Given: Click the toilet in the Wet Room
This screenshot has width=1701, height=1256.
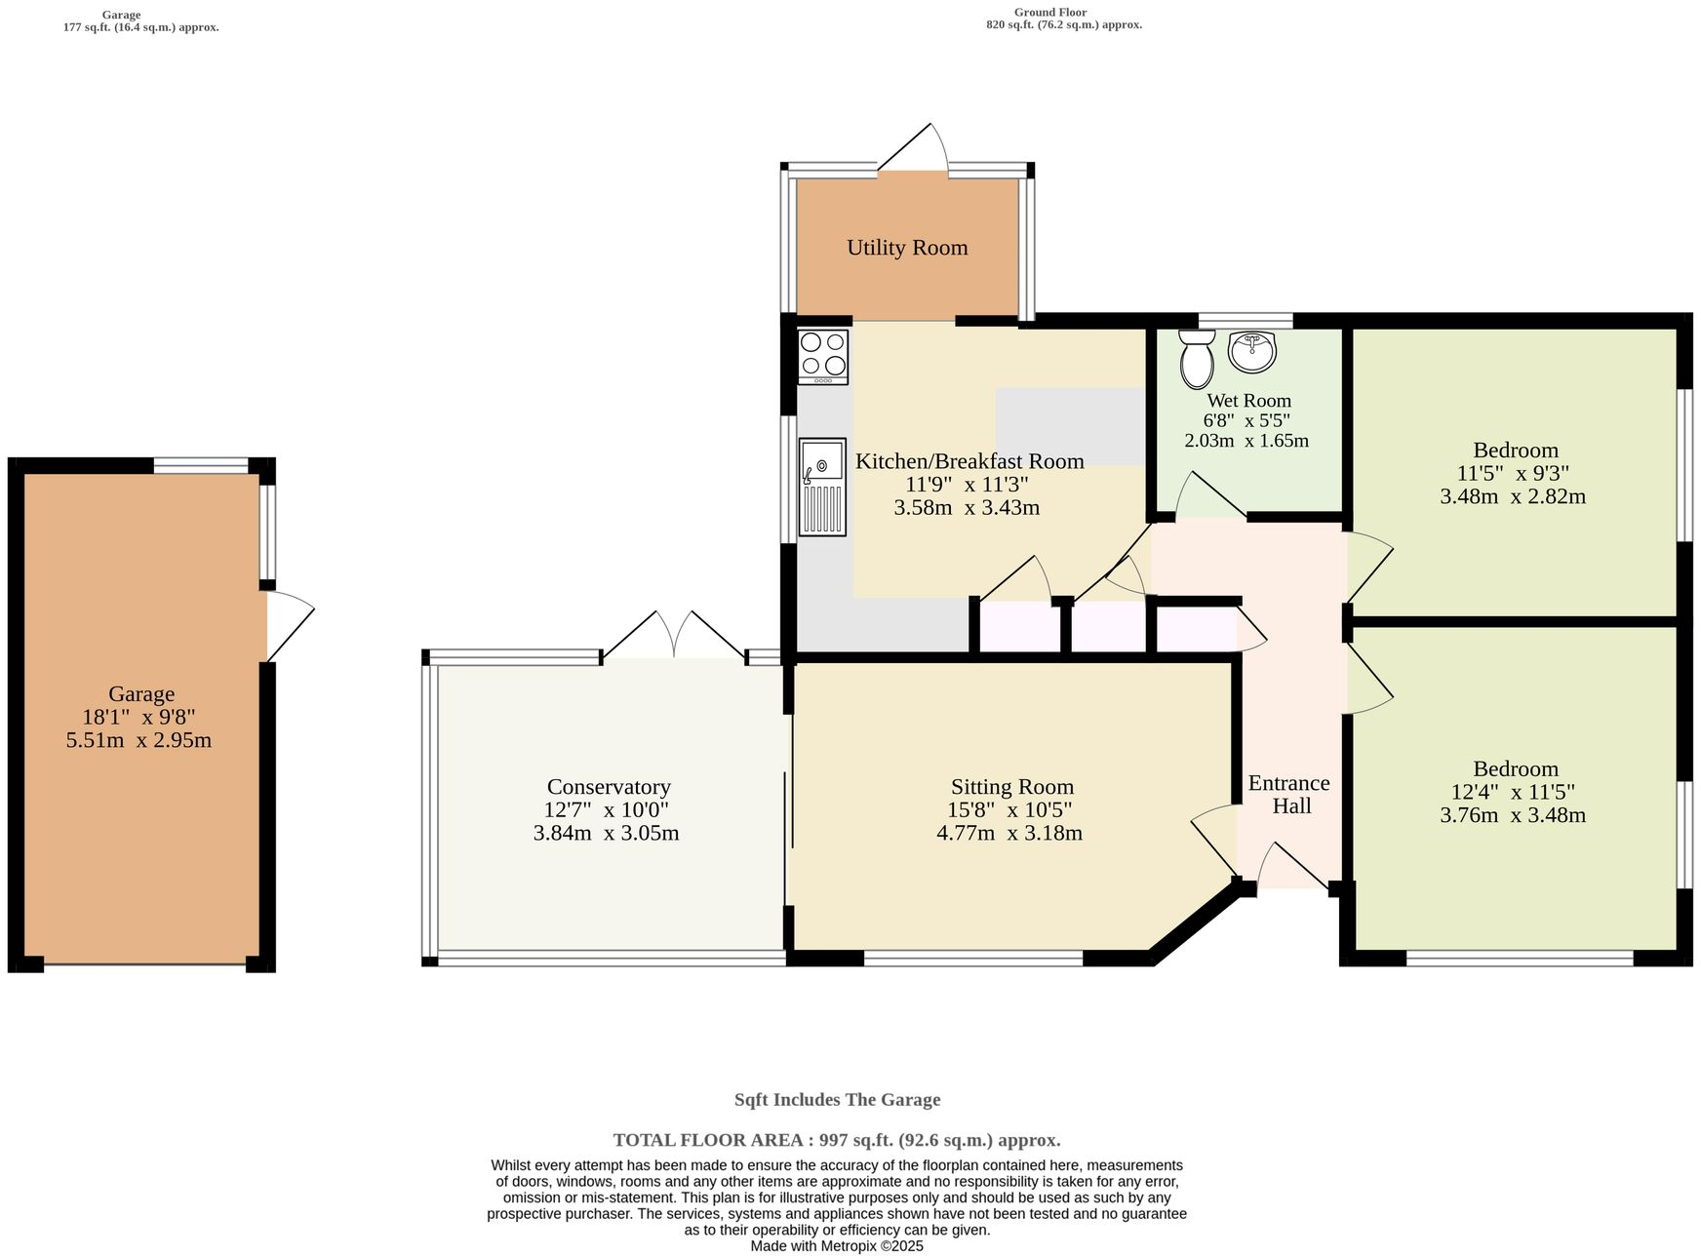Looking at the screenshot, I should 1196,360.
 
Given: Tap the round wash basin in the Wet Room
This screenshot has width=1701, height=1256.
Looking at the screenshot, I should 1251,352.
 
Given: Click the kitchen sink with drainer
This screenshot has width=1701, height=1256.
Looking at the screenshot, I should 822,487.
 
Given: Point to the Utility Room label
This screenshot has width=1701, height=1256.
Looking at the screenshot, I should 907,248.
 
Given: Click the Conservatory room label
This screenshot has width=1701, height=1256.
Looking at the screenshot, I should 609,787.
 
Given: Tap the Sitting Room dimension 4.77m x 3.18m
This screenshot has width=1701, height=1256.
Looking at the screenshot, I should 1009,834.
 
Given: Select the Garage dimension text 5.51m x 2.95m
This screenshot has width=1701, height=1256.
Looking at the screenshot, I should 138,740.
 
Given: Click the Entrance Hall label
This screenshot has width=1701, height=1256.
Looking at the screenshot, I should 1289,795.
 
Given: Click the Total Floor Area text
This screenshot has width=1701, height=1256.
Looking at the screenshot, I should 836,1140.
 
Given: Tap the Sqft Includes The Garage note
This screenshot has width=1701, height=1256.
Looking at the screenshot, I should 837,1100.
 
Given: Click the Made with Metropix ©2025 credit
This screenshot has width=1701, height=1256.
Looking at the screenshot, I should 836,1246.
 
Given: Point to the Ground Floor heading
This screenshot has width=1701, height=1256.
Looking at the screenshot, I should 1049,12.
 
